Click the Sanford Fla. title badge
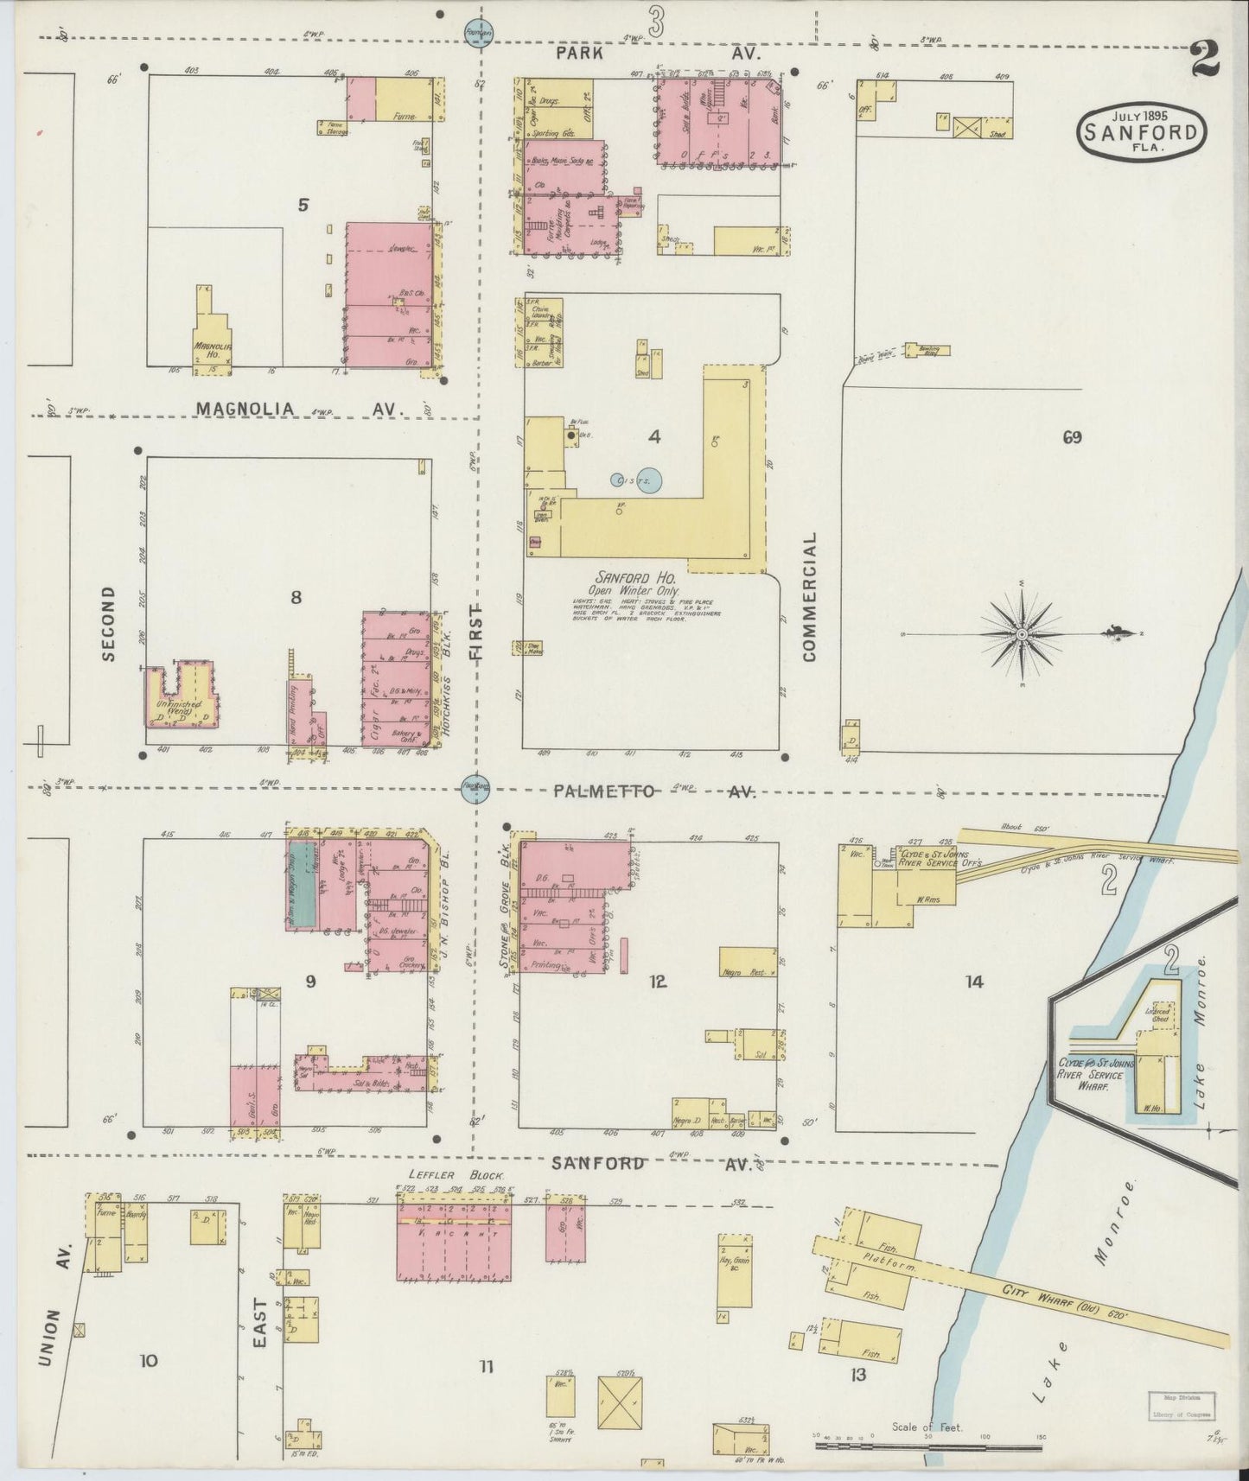pyautogui.click(x=1140, y=132)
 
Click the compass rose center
pyautogui.click(x=1022, y=635)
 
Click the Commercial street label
pyautogui.click(x=809, y=596)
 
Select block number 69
pyautogui.click(x=1072, y=437)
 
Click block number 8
pyautogui.click(x=296, y=596)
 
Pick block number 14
pyautogui.click(x=974, y=982)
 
